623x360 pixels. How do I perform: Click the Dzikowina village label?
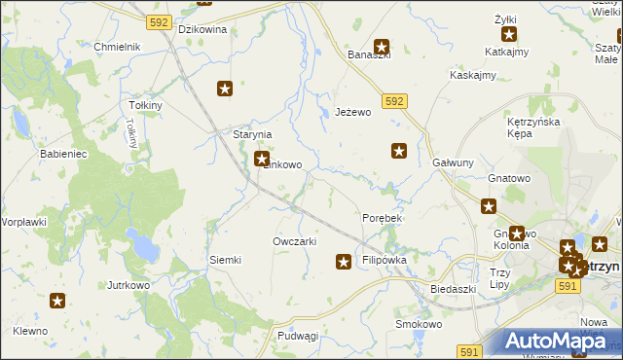(203, 29)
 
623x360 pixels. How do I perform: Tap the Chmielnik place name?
(118, 47)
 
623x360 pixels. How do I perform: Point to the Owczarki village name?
(295, 241)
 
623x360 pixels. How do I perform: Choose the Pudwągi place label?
(298, 336)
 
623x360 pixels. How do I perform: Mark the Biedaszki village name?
(453, 289)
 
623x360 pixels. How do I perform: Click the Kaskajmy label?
(474, 75)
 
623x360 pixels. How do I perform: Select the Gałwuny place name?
(453, 163)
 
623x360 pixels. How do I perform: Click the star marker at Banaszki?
(382, 46)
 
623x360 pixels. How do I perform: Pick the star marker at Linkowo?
(261, 158)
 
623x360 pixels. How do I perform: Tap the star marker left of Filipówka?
(344, 260)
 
